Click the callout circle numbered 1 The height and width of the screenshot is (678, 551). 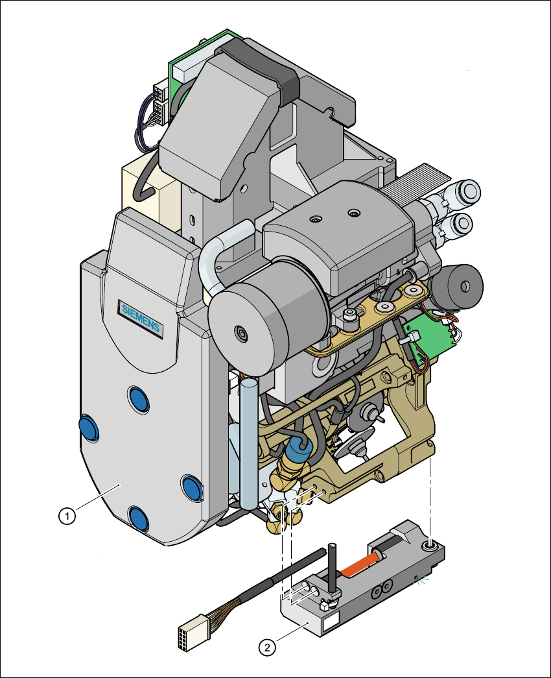[65, 516]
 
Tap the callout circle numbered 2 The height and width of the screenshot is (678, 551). [265, 647]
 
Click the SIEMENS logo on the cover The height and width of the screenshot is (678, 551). [141, 317]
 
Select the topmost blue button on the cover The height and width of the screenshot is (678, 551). [138, 398]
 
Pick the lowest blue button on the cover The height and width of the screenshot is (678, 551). [137, 517]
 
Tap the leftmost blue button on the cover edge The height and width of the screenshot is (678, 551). [88, 428]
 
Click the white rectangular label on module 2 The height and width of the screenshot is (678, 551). [330, 624]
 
